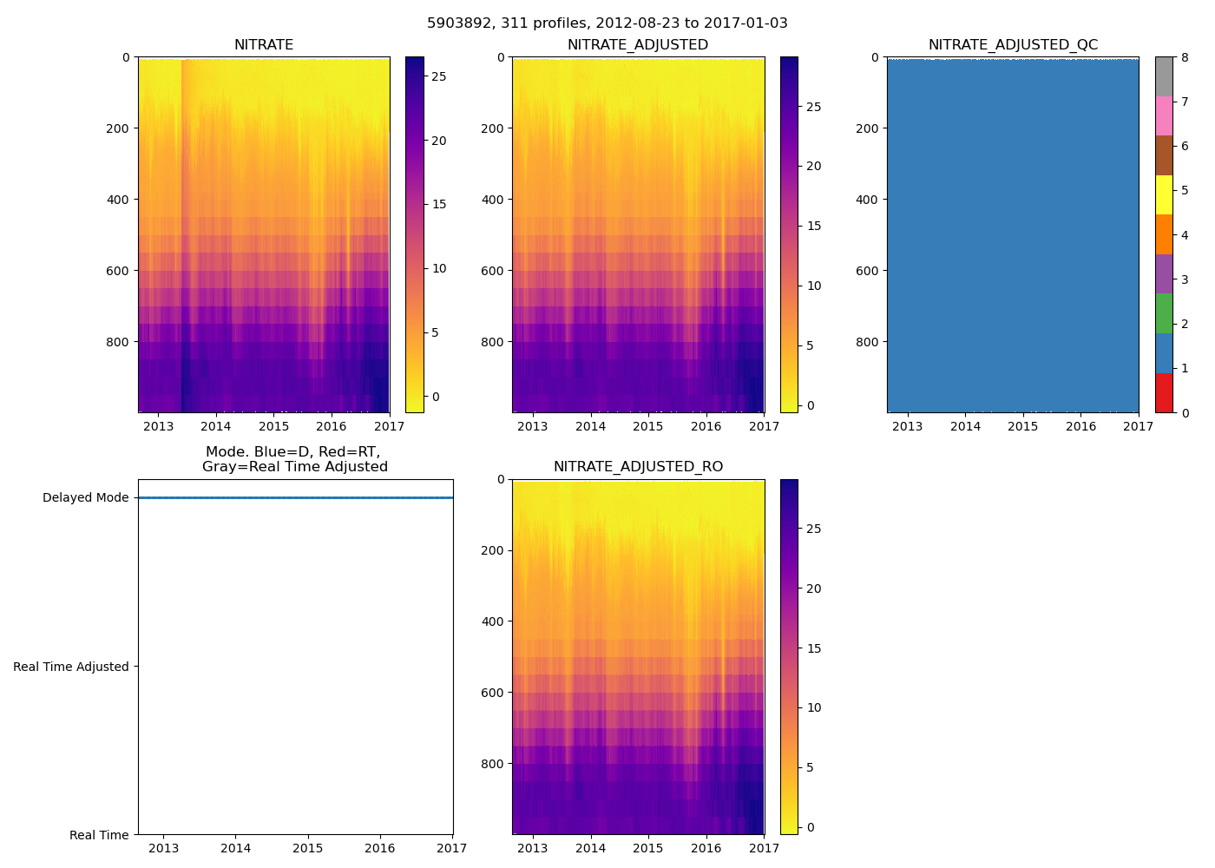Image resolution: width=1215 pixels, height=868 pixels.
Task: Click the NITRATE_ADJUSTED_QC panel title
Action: [1013, 45]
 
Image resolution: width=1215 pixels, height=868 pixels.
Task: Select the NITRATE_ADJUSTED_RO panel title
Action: [638, 467]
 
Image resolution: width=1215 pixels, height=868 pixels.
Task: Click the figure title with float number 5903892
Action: [607, 23]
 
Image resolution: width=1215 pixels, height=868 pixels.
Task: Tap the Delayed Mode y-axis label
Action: [85, 497]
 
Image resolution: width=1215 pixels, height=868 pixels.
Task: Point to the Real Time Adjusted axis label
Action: [70, 667]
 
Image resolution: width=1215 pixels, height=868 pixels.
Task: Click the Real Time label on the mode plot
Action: [99, 835]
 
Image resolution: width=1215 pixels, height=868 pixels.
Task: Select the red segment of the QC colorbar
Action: [1164, 393]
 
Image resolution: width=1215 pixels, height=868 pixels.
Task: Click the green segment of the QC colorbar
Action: [1164, 313]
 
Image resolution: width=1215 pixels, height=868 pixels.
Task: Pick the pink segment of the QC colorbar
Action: [1164, 115]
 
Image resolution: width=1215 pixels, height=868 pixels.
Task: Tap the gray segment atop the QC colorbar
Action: [1164, 76]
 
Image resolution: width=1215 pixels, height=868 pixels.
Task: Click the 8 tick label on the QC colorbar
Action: [1185, 57]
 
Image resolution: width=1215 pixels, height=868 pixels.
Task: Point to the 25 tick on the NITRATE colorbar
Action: [439, 76]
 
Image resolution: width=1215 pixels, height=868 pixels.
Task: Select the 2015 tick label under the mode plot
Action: [307, 848]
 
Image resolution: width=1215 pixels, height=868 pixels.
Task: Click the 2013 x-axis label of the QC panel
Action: [907, 426]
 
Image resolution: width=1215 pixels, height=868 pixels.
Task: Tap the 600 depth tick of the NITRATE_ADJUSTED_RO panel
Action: [494, 693]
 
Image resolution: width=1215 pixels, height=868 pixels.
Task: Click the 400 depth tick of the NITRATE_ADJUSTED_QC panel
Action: [868, 200]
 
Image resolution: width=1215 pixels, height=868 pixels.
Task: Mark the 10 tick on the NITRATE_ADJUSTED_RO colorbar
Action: [814, 707]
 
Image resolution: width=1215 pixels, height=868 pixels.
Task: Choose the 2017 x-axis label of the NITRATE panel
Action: [389, 426]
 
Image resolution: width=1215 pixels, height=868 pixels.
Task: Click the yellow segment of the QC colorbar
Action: [1164, 194]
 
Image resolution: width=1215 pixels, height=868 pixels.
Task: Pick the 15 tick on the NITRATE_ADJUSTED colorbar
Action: [814, 226]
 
